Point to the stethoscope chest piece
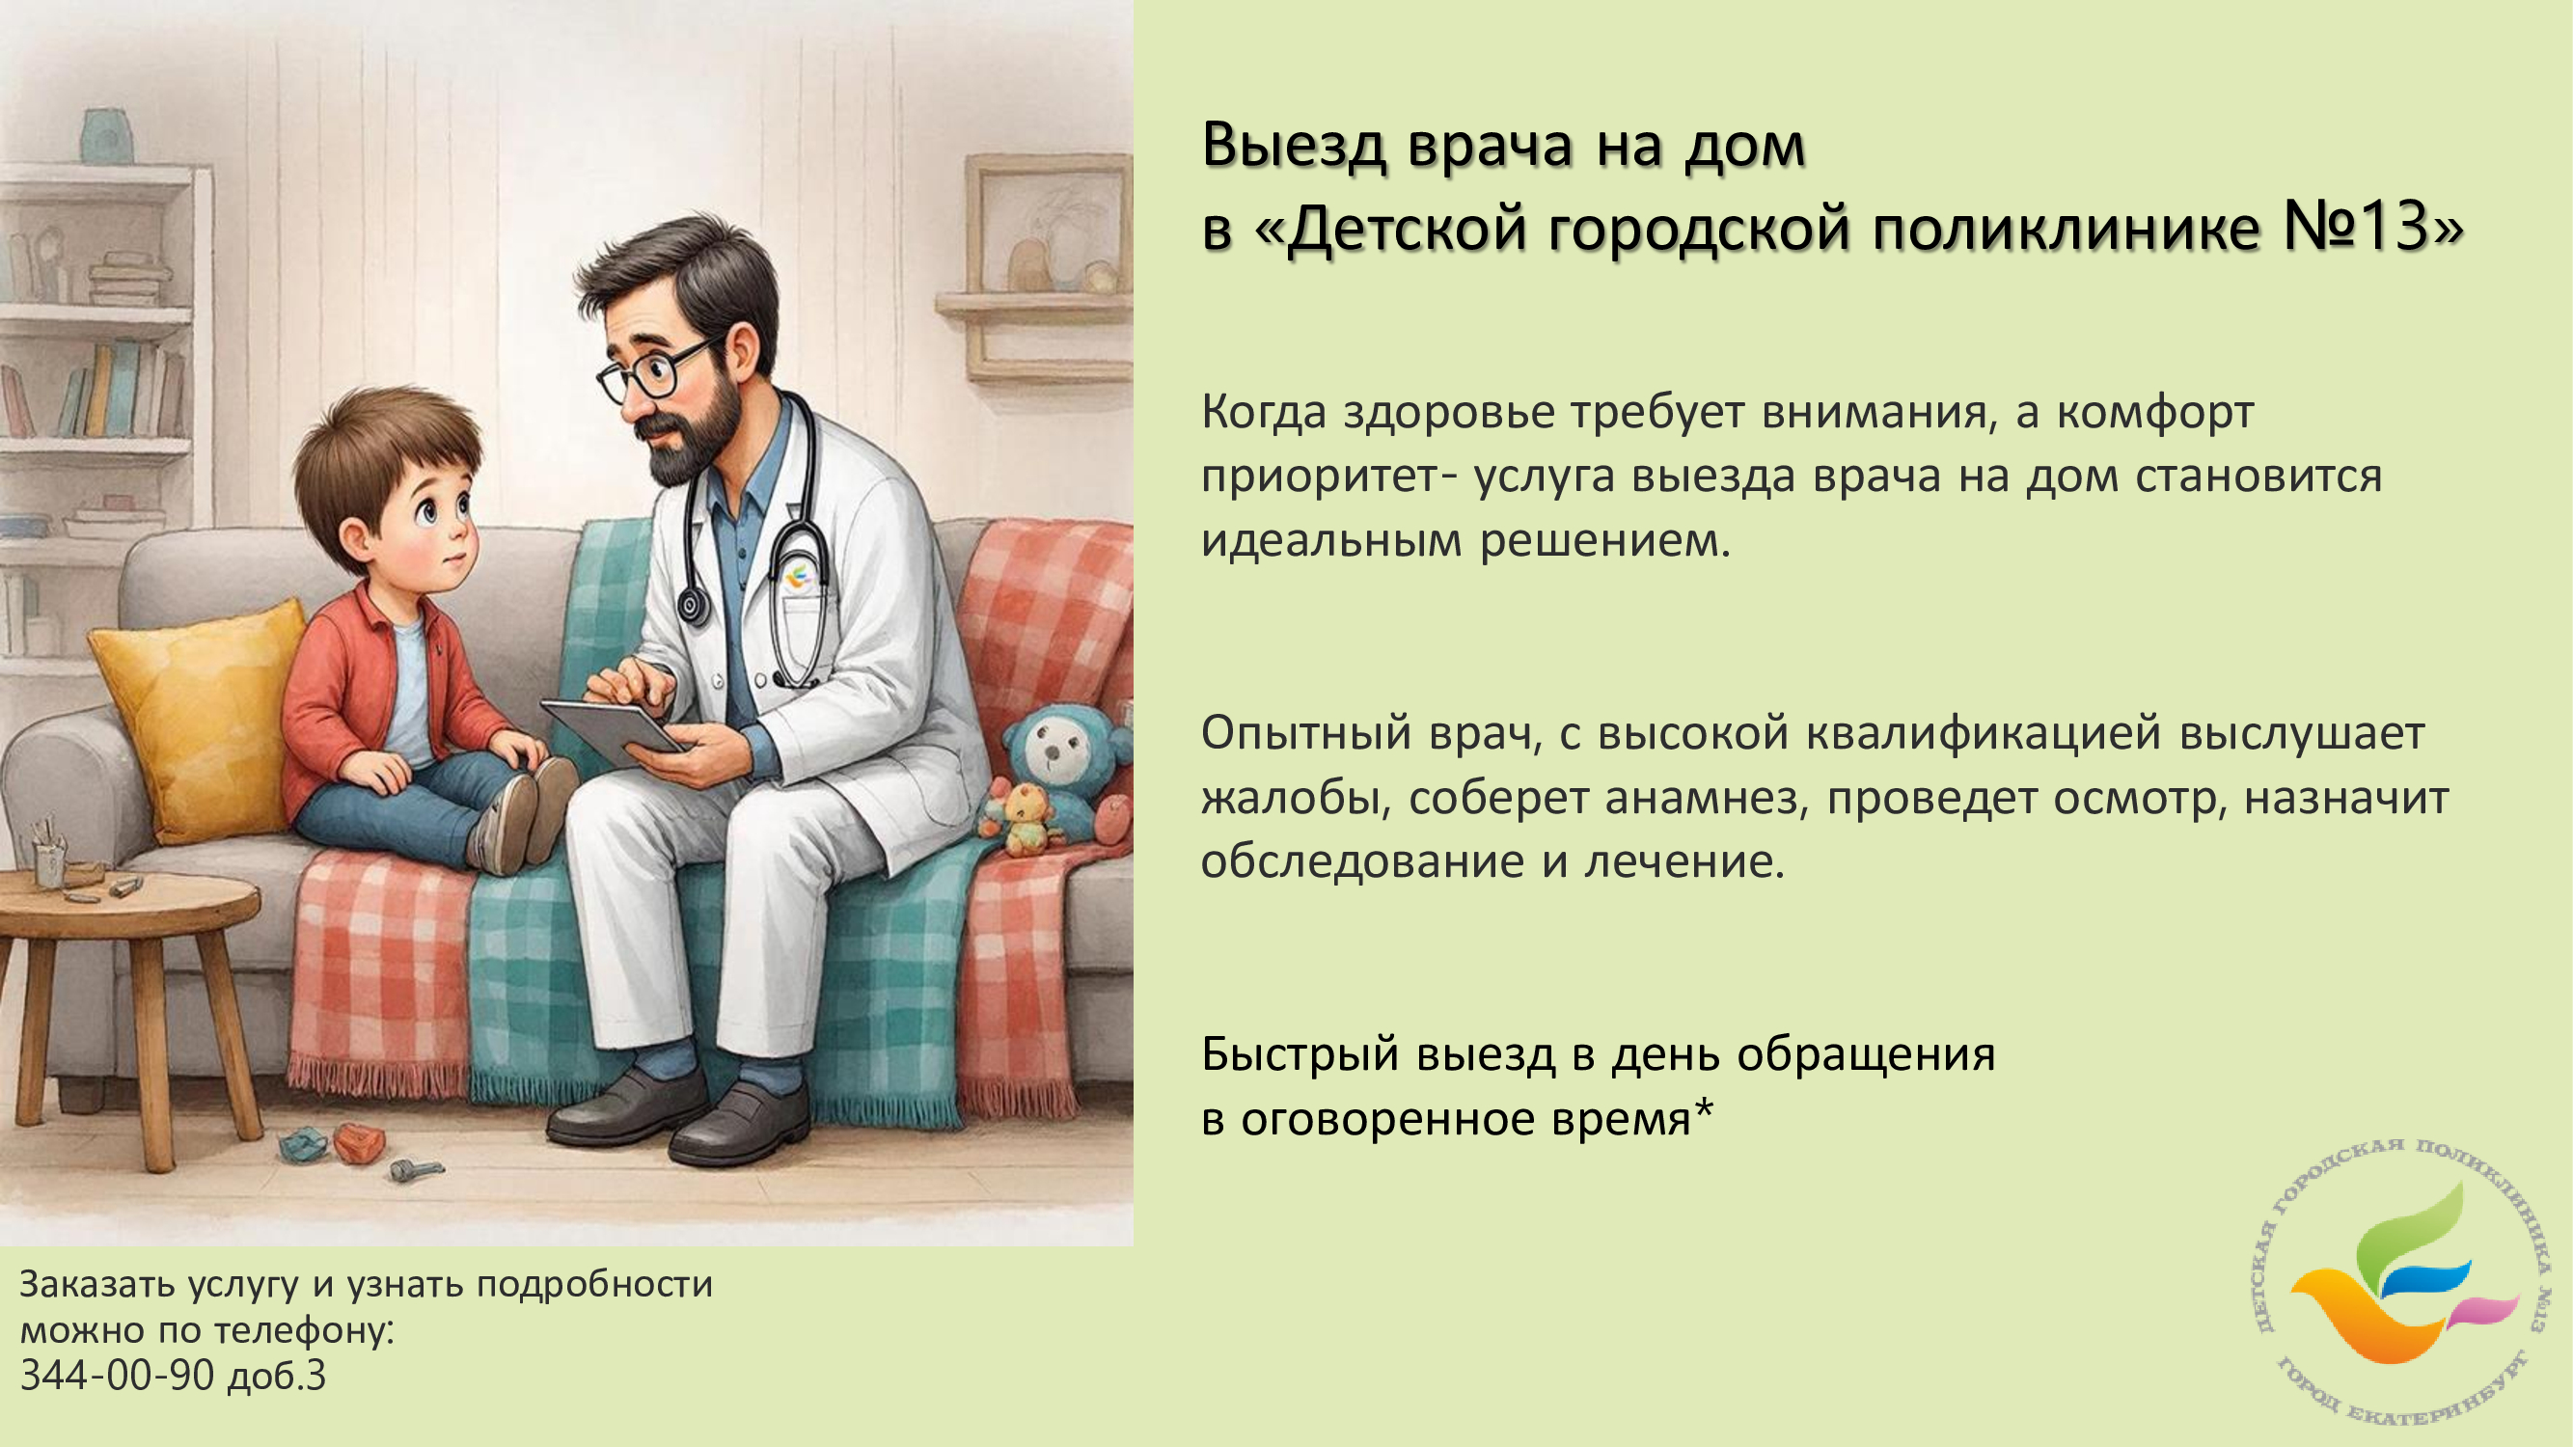[x=691, y=606]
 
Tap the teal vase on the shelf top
[x=106, y=137]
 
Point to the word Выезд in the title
[x=1294, y=146]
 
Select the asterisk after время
[x=1702, y=1108]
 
